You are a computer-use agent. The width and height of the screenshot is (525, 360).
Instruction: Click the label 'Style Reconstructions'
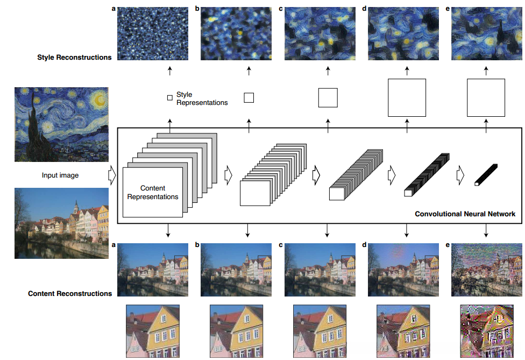pos(74,57)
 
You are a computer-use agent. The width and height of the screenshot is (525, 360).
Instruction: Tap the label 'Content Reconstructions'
pos(70,293)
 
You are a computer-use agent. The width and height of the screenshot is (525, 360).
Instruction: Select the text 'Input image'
pos(60,175)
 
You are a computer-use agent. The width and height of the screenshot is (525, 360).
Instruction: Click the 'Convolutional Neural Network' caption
pos(465,214)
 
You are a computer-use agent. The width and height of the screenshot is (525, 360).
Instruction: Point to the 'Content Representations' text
pos(153,193)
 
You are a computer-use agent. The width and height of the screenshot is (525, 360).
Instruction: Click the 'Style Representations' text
pos(202,98)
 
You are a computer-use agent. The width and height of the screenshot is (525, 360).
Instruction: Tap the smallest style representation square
pos(170,98)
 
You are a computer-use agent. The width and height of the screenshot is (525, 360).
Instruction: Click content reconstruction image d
pos(402,270)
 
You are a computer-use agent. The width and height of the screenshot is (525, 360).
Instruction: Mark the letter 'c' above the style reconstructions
pos(281,9)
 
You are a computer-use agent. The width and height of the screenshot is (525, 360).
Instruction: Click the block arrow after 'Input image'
pos(112,175)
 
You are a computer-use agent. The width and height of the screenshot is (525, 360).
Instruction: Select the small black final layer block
pos(486,175)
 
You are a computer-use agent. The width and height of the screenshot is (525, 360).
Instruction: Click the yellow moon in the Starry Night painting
pos(99,98)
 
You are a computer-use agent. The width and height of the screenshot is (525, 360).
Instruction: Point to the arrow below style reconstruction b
pos(249,71)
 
